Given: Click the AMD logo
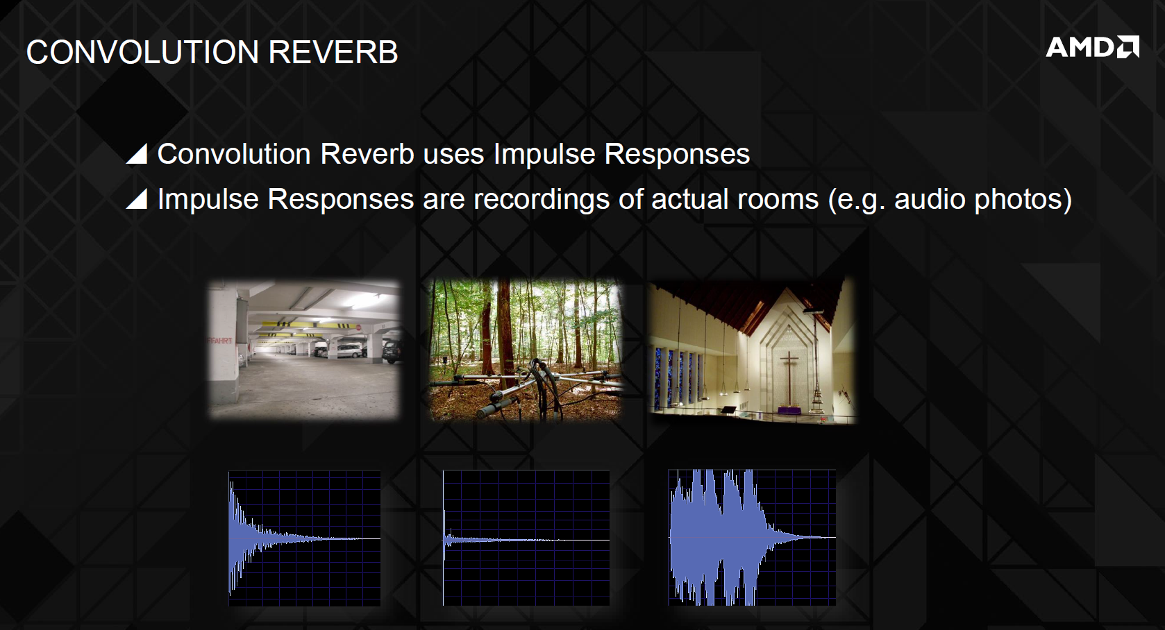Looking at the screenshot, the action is pos(1092,46).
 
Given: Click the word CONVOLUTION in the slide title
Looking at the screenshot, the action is pos(142,52).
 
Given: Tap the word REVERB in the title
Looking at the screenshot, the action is pos(333,52).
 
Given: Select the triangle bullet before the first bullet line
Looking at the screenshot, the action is pos(137,154).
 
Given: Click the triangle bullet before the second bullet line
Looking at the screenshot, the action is pos(137,198).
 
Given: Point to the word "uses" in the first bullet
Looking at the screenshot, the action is pos(453,155).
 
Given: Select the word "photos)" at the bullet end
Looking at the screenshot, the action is pos(1023,200).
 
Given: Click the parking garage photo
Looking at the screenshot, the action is pos(304,349).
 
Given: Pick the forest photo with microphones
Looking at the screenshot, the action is pos(526,349).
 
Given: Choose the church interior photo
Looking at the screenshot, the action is pos(752,351).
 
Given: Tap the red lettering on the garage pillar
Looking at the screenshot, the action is pos(219,341).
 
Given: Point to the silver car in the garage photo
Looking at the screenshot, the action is pos(346,351).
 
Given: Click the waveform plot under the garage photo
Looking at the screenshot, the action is pos(305,538).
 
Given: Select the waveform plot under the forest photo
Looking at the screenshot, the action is pos(526,538).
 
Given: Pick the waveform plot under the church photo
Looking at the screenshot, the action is pos(752,538).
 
